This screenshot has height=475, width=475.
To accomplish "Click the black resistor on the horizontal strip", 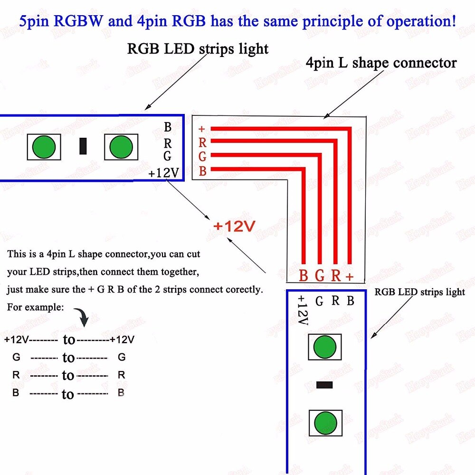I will coord(83,146).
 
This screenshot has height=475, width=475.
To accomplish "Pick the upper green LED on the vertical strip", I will coord(325,346).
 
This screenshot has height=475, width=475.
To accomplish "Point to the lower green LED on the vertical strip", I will coord(325,422).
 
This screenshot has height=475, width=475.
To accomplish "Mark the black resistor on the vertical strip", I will coord(324,385).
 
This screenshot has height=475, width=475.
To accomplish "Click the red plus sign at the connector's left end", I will coord(202,129).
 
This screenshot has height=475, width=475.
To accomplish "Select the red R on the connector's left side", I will coord(202,142).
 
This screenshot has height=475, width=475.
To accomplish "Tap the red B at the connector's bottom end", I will coord(304,276).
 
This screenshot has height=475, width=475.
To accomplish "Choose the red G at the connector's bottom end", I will coord(320,276).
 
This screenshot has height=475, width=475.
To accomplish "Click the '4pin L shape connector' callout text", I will coord(381,63).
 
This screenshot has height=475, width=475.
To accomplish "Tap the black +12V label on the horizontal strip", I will coord(163,173).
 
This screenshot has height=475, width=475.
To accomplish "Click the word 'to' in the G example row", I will coord(68,357).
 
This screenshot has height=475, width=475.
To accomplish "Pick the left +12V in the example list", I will coord(17,340).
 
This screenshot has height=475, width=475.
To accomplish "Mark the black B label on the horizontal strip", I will coord(167,127).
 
